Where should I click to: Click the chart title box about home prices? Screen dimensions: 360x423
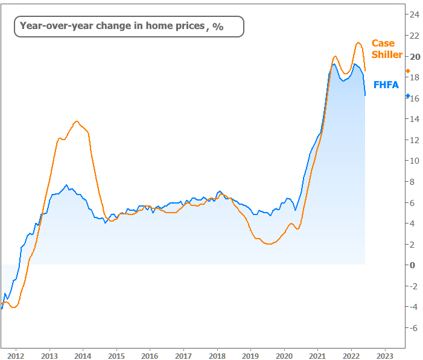tap(129, 26)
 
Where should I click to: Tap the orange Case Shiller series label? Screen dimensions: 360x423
tap(387, 49)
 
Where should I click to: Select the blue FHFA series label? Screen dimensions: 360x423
tap(386, 85)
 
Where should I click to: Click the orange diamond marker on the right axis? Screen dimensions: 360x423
tap(408, 71)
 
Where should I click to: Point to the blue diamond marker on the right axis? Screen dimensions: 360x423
tap(408, 96)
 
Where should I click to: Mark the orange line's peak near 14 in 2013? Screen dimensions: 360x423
tap(77, 121)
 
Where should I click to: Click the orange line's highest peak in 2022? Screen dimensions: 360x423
tap(358, 42)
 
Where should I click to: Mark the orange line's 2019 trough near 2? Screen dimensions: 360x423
tap(269, 244)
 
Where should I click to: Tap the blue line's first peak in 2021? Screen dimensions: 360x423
tap(334, 63)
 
